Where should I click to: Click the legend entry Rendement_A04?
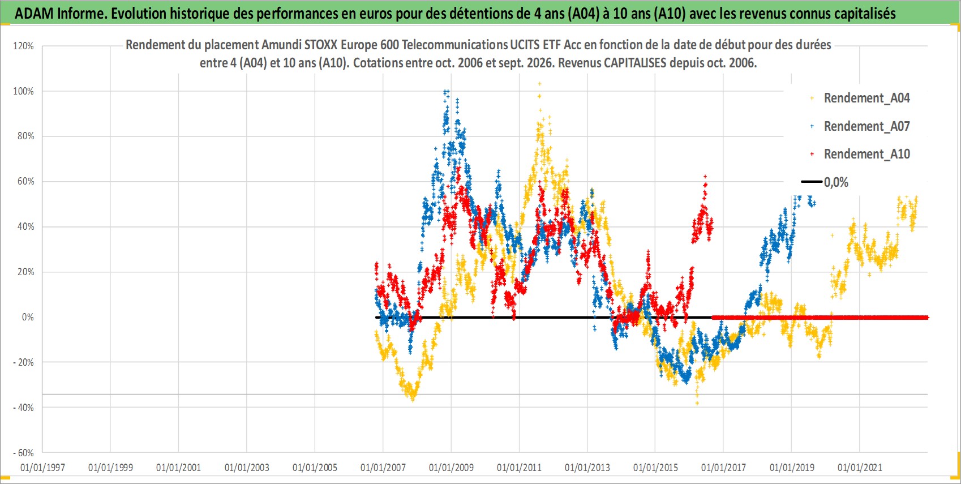point(860,98)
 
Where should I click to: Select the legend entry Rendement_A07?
point(860,126)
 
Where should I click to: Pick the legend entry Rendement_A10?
point(860,154)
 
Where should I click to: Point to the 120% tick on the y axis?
point(23,46)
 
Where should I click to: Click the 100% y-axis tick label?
point(23,91)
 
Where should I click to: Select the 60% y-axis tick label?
point(25,182)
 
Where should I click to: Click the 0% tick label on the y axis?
point(28,317)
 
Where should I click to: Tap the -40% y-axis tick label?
point(23,408)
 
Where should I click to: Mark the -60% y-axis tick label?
point(23,453)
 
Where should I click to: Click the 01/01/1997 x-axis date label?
point(42,468)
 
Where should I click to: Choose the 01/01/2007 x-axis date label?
point(383,468)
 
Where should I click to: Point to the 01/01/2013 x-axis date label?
point(587,468)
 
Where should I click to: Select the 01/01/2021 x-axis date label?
point(860,468)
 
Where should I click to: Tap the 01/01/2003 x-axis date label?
point(247,468)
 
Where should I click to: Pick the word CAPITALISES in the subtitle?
point(635,63)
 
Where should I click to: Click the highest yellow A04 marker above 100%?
point(540,84)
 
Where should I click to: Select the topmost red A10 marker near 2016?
point(705,177)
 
